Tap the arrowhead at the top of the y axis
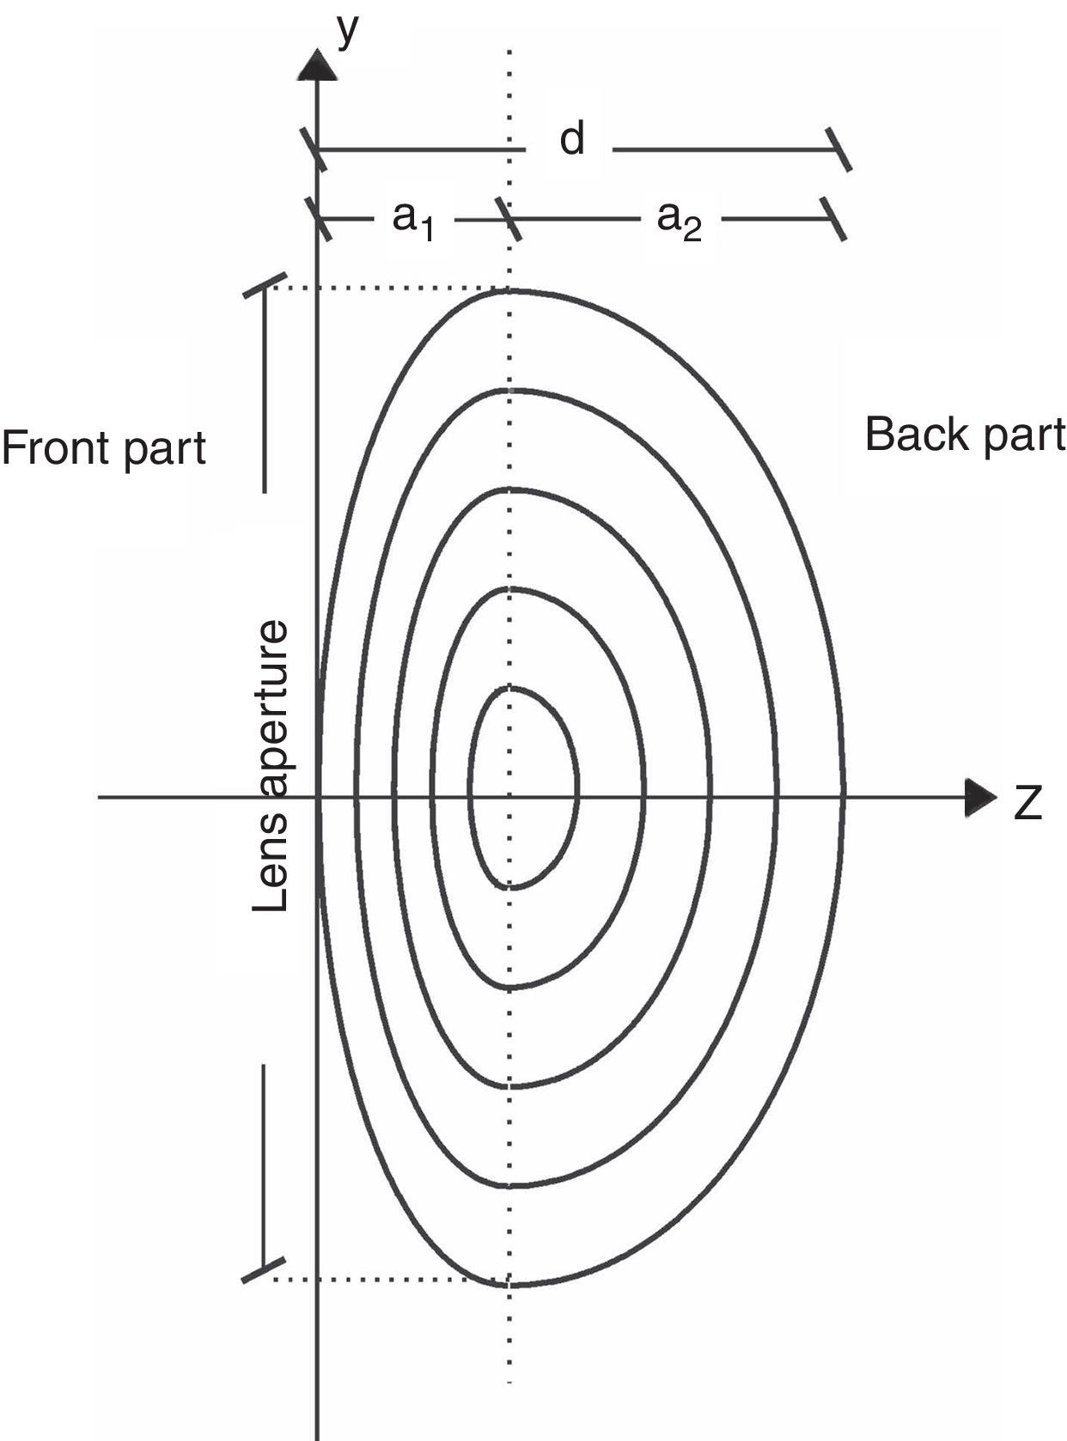point(318,64)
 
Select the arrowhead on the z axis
point(979,798)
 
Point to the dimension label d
point(572,138)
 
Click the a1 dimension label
point(413,220)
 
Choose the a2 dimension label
point(679,220)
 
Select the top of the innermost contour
point(510,688)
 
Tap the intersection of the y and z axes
point(318,798)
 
